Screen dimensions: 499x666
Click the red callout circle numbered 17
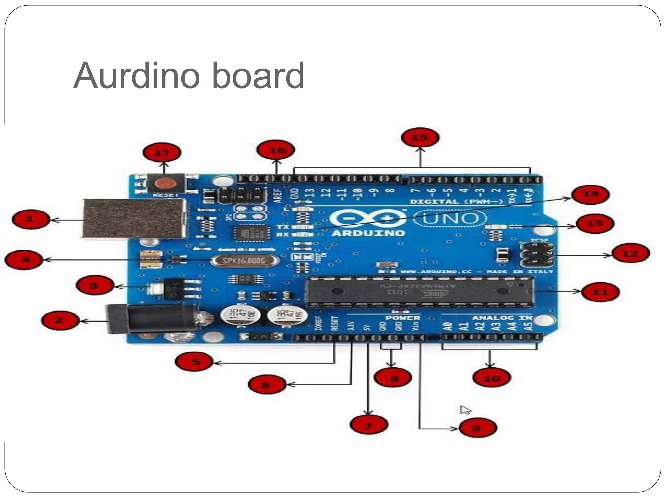pos(162,153)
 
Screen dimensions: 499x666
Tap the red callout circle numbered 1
pos(31,219)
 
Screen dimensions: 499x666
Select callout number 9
pos(477,428)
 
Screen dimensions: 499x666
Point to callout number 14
pos(590,194)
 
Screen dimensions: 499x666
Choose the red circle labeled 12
pos(631,254)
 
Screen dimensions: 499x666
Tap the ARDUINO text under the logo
pos(368,233)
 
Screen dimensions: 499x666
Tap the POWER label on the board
pos(403,318)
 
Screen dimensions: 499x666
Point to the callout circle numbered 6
pos(266,385)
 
